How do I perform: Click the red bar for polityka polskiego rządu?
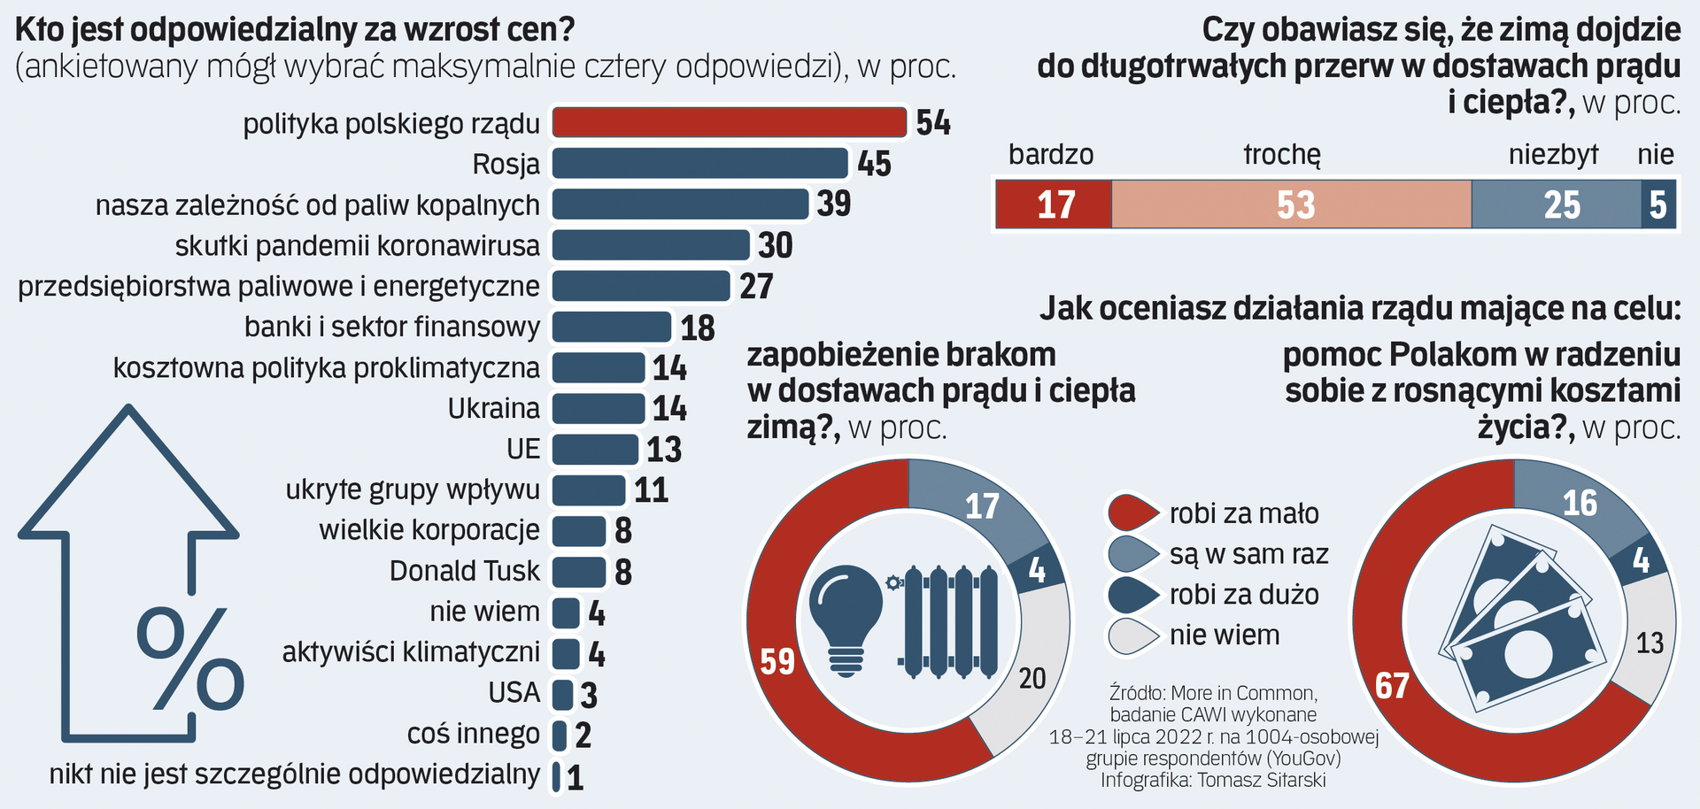click(730, 122)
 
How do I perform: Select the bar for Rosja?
click(699, 164)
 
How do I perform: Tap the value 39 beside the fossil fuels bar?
click(833, 204)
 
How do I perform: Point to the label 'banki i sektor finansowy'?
click(391, 327)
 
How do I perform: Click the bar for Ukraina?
click(599, 408)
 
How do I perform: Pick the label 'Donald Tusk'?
click(464, 571)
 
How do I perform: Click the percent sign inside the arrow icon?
click(189, 659)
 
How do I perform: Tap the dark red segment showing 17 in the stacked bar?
click(1054, 204)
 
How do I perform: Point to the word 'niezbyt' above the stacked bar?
click(1553, 155)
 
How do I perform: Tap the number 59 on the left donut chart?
click(777, 661)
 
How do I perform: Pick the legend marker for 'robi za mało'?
click(1132, 512)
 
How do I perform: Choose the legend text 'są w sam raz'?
click(1248, 554)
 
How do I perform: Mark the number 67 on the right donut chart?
click(1392, 685)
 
